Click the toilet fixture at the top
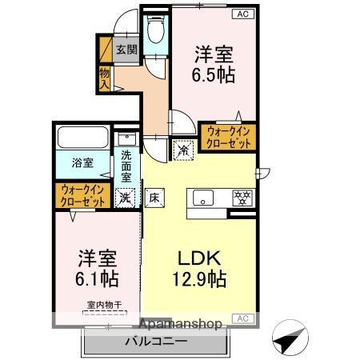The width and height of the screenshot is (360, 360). pos(154,31)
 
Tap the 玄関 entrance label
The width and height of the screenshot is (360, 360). pos(126,49)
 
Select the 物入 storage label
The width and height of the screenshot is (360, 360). pos(104,78)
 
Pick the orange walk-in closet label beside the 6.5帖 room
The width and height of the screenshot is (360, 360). pos(229,137)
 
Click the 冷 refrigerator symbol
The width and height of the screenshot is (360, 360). pos(183,149)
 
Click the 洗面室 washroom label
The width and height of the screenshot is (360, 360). pos(126,166)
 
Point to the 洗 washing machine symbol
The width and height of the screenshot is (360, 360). pos(126,196)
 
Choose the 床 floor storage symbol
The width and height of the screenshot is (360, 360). pos(154,196)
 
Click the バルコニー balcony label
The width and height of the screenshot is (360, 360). pos(156,342)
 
